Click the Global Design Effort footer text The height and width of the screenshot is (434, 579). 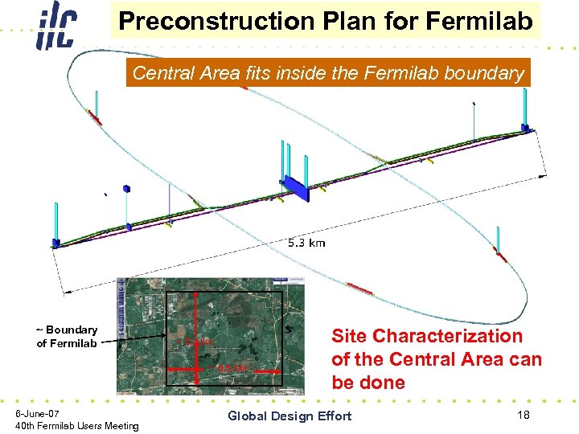[x=289, y=416]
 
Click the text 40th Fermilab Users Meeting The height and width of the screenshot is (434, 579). [x=77, y=425]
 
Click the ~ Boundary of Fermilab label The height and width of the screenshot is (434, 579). [x=67, y=337]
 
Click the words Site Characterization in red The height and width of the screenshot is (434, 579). [x=426, y=336]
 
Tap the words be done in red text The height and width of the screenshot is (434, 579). [x=370, y=383]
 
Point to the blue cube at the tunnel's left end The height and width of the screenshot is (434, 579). [x=55, y=241]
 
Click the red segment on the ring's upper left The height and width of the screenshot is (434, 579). [x=95, y=117]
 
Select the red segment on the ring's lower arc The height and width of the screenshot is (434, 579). [x=358, y=288]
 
